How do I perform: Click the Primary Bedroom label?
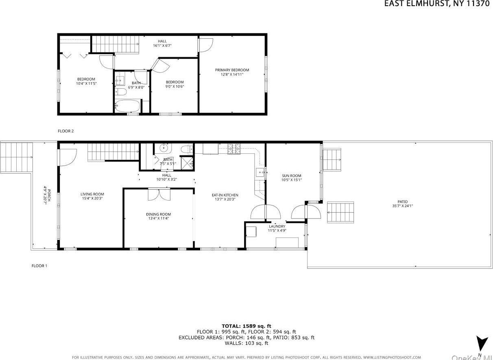[232, 70]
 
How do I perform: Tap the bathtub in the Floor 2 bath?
[127, 107]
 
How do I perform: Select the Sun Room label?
[291, 176]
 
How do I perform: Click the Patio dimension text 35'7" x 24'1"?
[402, 206]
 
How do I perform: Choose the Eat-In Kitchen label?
[225, 195]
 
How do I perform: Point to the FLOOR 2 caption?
[65, 131]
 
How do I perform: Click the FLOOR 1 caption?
[39, 266]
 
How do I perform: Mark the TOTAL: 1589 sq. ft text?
[246, 326]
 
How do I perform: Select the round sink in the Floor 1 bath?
[164, 148]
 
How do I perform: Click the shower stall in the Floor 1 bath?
[187, 163]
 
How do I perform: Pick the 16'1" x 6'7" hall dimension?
[162, 46]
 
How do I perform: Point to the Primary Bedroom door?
[205, 44]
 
